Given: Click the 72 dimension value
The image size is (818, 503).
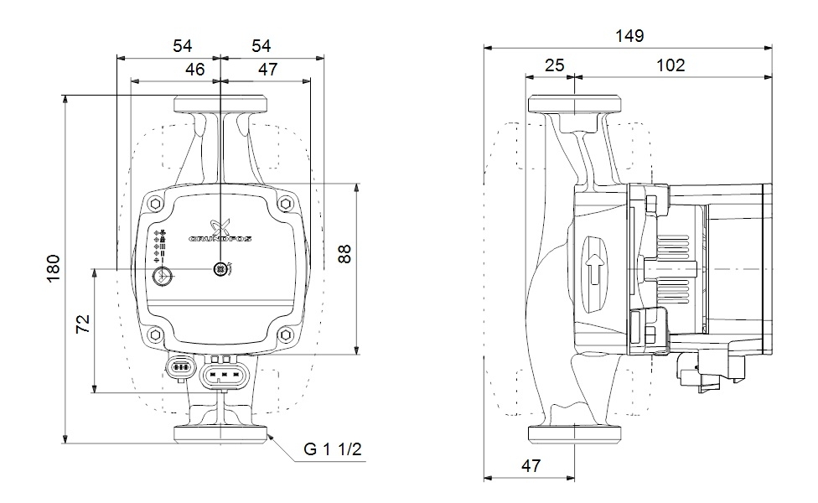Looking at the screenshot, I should [x=83, y=325].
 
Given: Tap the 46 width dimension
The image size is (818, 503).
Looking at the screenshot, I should [x=195, y=70].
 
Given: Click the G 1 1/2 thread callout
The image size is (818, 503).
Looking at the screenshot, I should [x=333, y=451].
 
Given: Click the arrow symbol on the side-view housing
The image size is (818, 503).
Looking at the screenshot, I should [x=593, y=268].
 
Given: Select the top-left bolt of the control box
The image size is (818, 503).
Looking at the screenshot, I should [x=157, y=204].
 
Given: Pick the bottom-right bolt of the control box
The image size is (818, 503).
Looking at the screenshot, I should [x=285, y=334].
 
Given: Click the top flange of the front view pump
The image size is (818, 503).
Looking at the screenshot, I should [x=220, y=106].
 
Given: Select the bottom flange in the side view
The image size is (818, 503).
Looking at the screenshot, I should [x=574, y=433].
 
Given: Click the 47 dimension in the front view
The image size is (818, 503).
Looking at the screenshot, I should [x=267, y=70].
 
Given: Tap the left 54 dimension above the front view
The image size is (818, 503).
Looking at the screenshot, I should [x=183, y=46].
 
